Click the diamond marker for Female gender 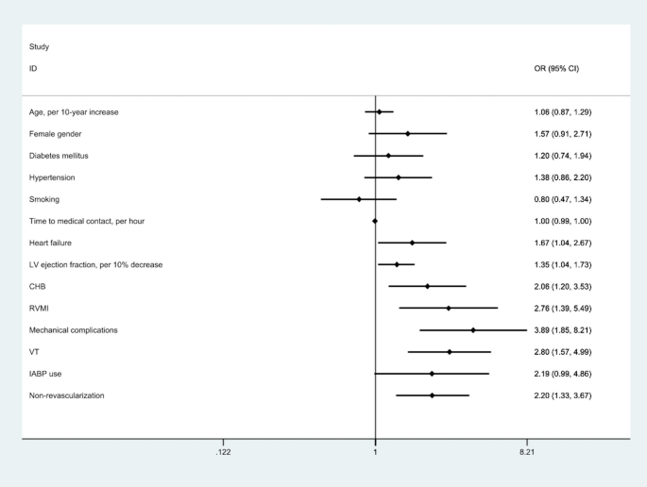pyautogui.click(x=407, y=134)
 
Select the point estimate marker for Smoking pyautogui.click(x=359, y=199)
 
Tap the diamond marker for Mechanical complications pyautogui.click(x=473, y=330)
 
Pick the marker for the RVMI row pyautogui.click(x=448, y=308)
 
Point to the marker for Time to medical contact pyautogui.click(x=375, y=221)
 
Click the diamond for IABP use pyautogui.click(x=432, y=374)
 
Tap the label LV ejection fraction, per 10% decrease pyautogui.click(x=95, y=264)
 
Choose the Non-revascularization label pyautogui.click(x=67, y=395)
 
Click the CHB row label pyautogui.click(x=38, y=286)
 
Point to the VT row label pyautogui.click(x=34, y=352)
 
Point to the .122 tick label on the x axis pyautogui.click(x=223, y=453)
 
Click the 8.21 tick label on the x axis pyautogui.click(x=526, y=453)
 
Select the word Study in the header pyautogui.click(x=40, y=46)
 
